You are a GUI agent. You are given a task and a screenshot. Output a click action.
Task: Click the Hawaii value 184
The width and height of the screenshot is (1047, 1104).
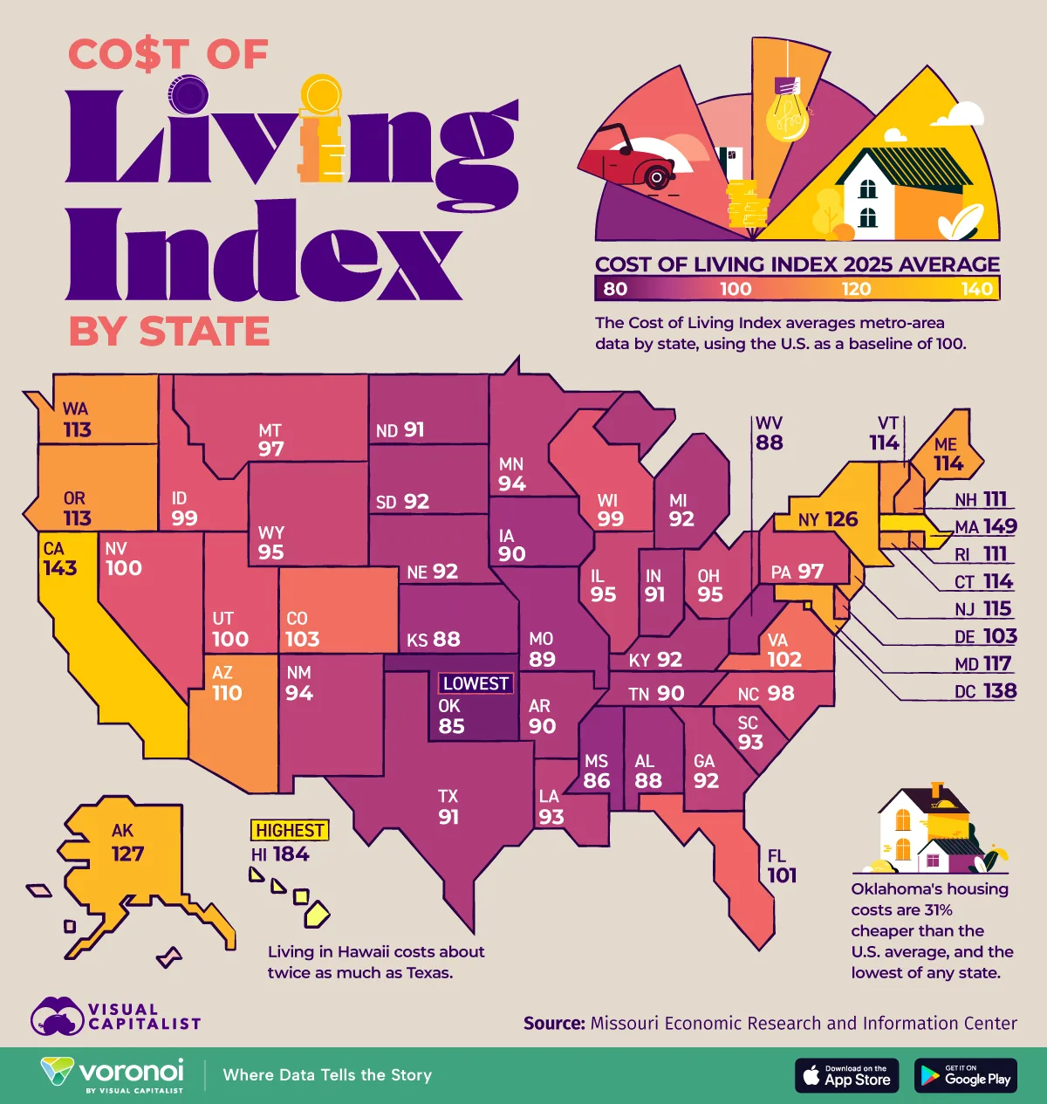point(291,854)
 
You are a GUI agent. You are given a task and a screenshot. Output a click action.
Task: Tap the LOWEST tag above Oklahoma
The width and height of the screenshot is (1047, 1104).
point(476,683)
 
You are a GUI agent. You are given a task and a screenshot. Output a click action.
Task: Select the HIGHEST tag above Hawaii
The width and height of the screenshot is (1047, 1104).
point(291,830)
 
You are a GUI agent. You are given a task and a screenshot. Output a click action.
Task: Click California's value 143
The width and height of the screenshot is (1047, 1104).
point(60,568)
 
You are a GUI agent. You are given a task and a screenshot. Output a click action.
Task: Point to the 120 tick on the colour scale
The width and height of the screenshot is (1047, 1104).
point(856,289)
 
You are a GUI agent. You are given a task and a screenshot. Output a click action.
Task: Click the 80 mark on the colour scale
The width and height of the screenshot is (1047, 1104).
point(615,289)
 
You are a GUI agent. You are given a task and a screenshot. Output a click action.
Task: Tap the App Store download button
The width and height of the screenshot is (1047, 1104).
point(846,1075)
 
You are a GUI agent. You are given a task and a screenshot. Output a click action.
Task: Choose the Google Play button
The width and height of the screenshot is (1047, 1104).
point(967,1075)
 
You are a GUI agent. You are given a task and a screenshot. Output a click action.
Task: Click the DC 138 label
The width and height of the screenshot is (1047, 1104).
point(986,691)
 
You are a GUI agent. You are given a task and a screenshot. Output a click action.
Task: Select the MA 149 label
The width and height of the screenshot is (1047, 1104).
point(986,526)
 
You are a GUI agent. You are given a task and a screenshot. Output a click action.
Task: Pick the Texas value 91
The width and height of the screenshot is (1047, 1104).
point(448,817)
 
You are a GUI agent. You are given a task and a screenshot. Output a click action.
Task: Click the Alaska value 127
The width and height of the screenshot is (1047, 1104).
point(127,854)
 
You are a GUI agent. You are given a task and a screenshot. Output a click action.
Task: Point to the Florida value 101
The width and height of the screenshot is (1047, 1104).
point(782,875)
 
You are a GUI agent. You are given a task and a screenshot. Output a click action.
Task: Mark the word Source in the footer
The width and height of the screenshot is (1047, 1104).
point(553,1023)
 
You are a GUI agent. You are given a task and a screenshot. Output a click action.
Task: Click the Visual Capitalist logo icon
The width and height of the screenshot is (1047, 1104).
point(58,1017)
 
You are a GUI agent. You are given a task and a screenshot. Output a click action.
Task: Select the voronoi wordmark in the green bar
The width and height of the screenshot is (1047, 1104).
point(131,1071)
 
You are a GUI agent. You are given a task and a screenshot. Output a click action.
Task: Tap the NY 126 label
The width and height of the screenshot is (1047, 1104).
point(828,520)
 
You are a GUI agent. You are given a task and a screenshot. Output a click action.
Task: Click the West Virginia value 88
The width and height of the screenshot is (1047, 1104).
point(770,442)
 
